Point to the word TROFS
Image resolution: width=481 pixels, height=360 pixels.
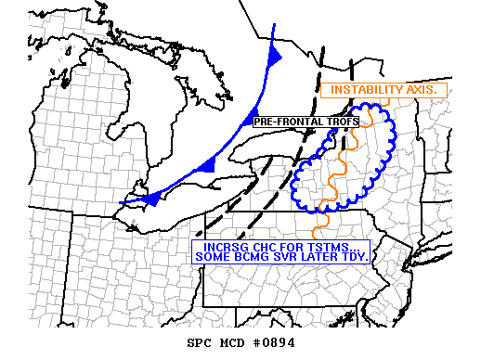point(328,122)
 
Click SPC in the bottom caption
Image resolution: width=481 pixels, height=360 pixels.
point(200,344)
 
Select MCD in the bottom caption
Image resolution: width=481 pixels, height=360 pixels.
point(233,344)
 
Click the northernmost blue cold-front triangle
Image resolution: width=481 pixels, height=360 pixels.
point(275,56)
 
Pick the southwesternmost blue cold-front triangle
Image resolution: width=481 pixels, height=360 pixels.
point(154,196)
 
